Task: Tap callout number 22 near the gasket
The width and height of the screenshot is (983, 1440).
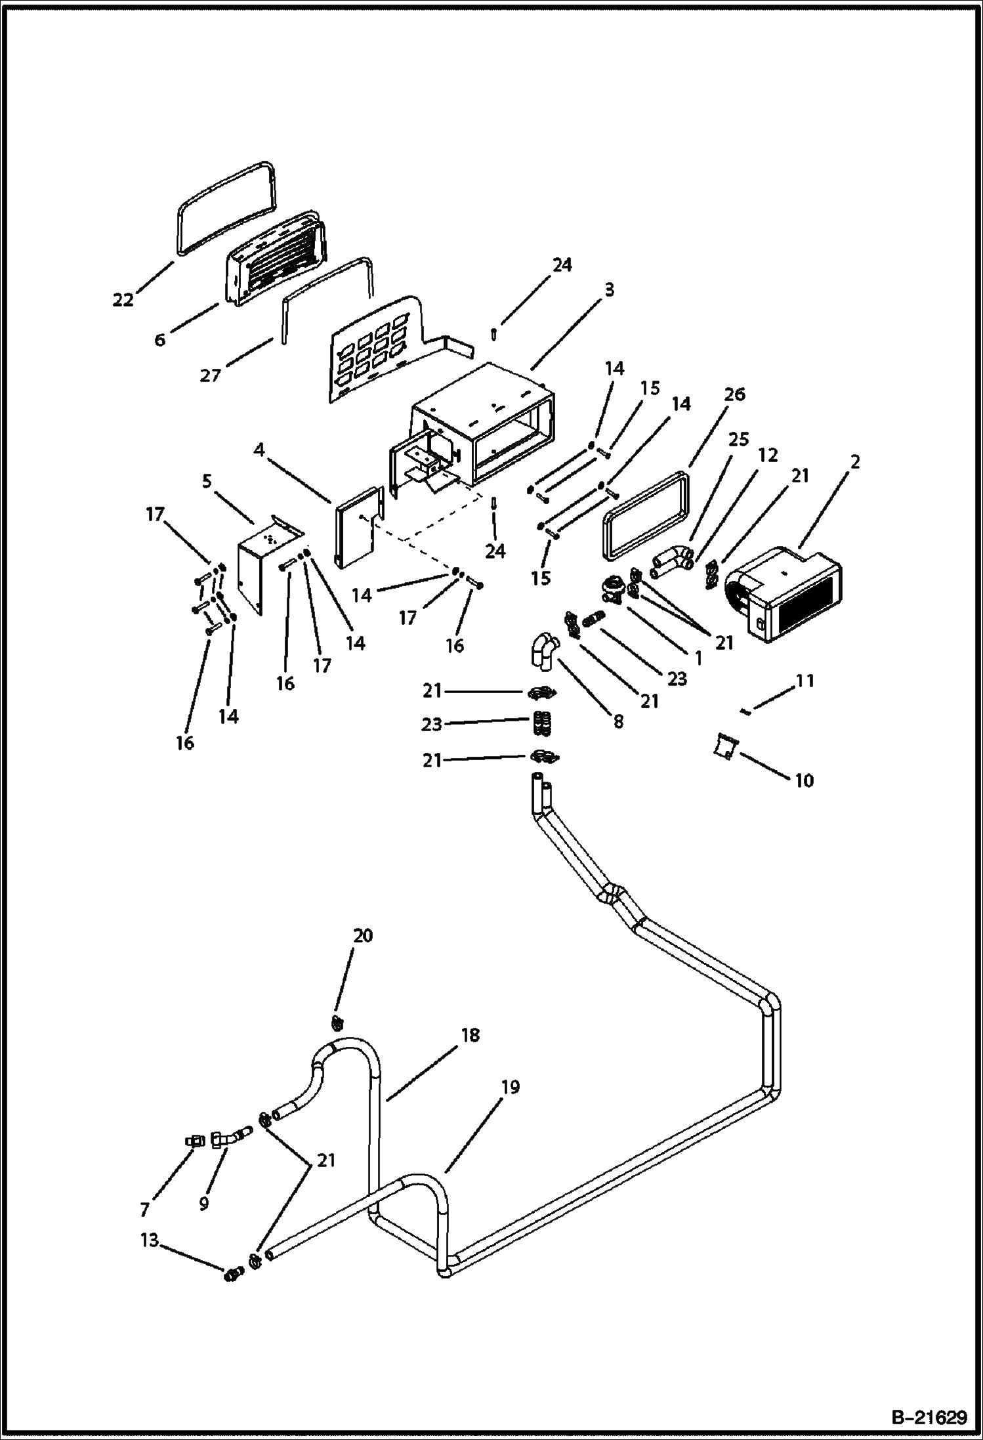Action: click(123, 300)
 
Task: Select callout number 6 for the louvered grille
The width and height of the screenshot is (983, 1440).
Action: click(160, 339)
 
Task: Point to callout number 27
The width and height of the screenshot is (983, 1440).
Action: click(210, 376)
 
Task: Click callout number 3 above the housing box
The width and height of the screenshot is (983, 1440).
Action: click(609, 289)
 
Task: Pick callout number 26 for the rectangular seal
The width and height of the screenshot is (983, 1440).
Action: click(736, 394)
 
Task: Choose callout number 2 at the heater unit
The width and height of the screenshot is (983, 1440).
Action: click(854, 462)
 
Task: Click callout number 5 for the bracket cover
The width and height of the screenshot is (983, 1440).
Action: click(207, 481)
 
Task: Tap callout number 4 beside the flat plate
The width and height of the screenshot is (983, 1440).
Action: click(259, 450)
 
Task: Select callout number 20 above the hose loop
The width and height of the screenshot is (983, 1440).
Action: click(363, 935)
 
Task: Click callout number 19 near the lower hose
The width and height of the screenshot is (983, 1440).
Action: click(510, 1088)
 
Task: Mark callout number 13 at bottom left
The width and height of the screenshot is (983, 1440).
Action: click(150, 1240)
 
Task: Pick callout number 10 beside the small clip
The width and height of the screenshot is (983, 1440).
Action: click(804, 780)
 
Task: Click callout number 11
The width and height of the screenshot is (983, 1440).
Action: click(805, 681)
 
